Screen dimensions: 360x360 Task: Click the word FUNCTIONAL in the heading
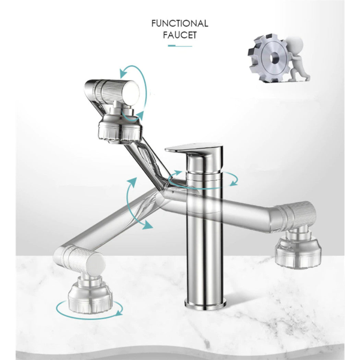click(x=179, y=24)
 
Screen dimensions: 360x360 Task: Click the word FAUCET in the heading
click(x=179, y=35)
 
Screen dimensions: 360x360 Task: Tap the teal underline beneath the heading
click(x=180, y=46)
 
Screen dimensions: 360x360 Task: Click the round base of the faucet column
click(x=205, y=302)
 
